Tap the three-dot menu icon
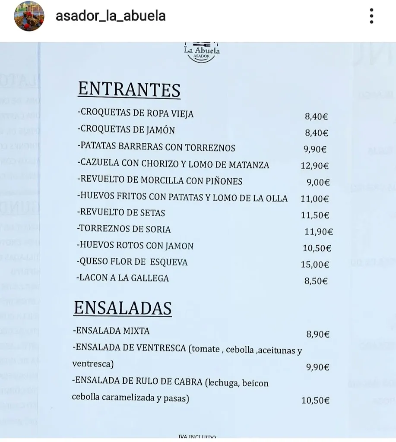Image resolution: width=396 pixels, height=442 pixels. [x=371, y=16]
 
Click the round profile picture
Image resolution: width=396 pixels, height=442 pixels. [x=29, y=16]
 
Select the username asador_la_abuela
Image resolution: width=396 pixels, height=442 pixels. [x=111, y=16]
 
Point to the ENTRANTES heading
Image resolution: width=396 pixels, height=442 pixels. [x=129, y=90]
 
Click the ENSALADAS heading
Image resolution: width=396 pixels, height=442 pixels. [x=123, y=308]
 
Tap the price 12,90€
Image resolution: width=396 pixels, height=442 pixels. [x=315, y=166]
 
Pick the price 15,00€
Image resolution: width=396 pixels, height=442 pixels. [x=315, y=265]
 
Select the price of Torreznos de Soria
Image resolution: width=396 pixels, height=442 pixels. [x=319, y=232]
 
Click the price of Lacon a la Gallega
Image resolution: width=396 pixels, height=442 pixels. [x=316, y=281]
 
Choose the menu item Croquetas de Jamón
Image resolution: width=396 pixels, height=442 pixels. [x=126, y=130]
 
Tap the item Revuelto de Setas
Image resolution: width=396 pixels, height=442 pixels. [x=121, y=212]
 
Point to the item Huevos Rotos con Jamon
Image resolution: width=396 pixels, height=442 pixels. [x=135, y=246]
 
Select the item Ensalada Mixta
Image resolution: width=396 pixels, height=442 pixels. [x=111, y=331]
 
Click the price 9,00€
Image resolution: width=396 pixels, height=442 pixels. [x=318, y=182]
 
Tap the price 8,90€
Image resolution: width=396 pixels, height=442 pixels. [x=318, y=334]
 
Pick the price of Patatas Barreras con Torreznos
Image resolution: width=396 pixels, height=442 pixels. [x=315, y=149]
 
